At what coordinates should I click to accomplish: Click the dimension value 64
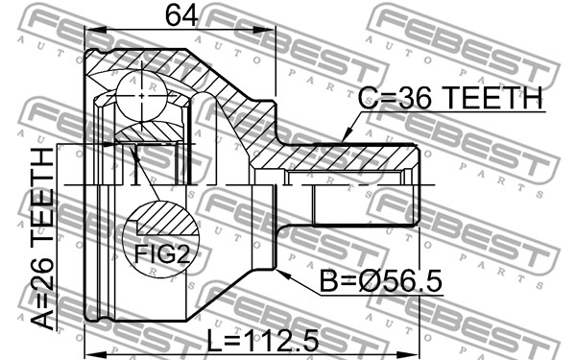[x=181, y=15]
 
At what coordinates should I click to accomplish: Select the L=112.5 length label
[x=262, y=341]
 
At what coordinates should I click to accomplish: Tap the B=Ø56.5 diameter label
[x=381, y=281]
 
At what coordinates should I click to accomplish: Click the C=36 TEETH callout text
[x=450, y=97]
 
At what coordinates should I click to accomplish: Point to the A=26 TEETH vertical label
[x=42, y=238]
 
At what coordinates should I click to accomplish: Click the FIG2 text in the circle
[x=161, y=253]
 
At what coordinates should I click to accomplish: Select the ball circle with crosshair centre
[x=142, y=96]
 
